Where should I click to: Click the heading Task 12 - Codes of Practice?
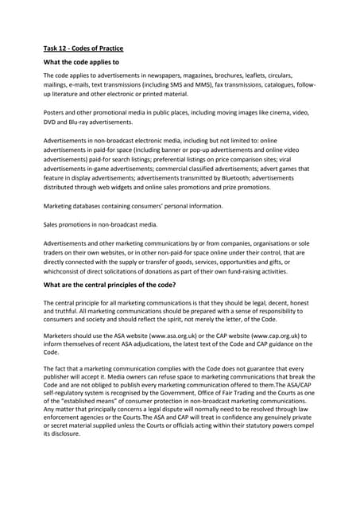(x=83, y=49)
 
